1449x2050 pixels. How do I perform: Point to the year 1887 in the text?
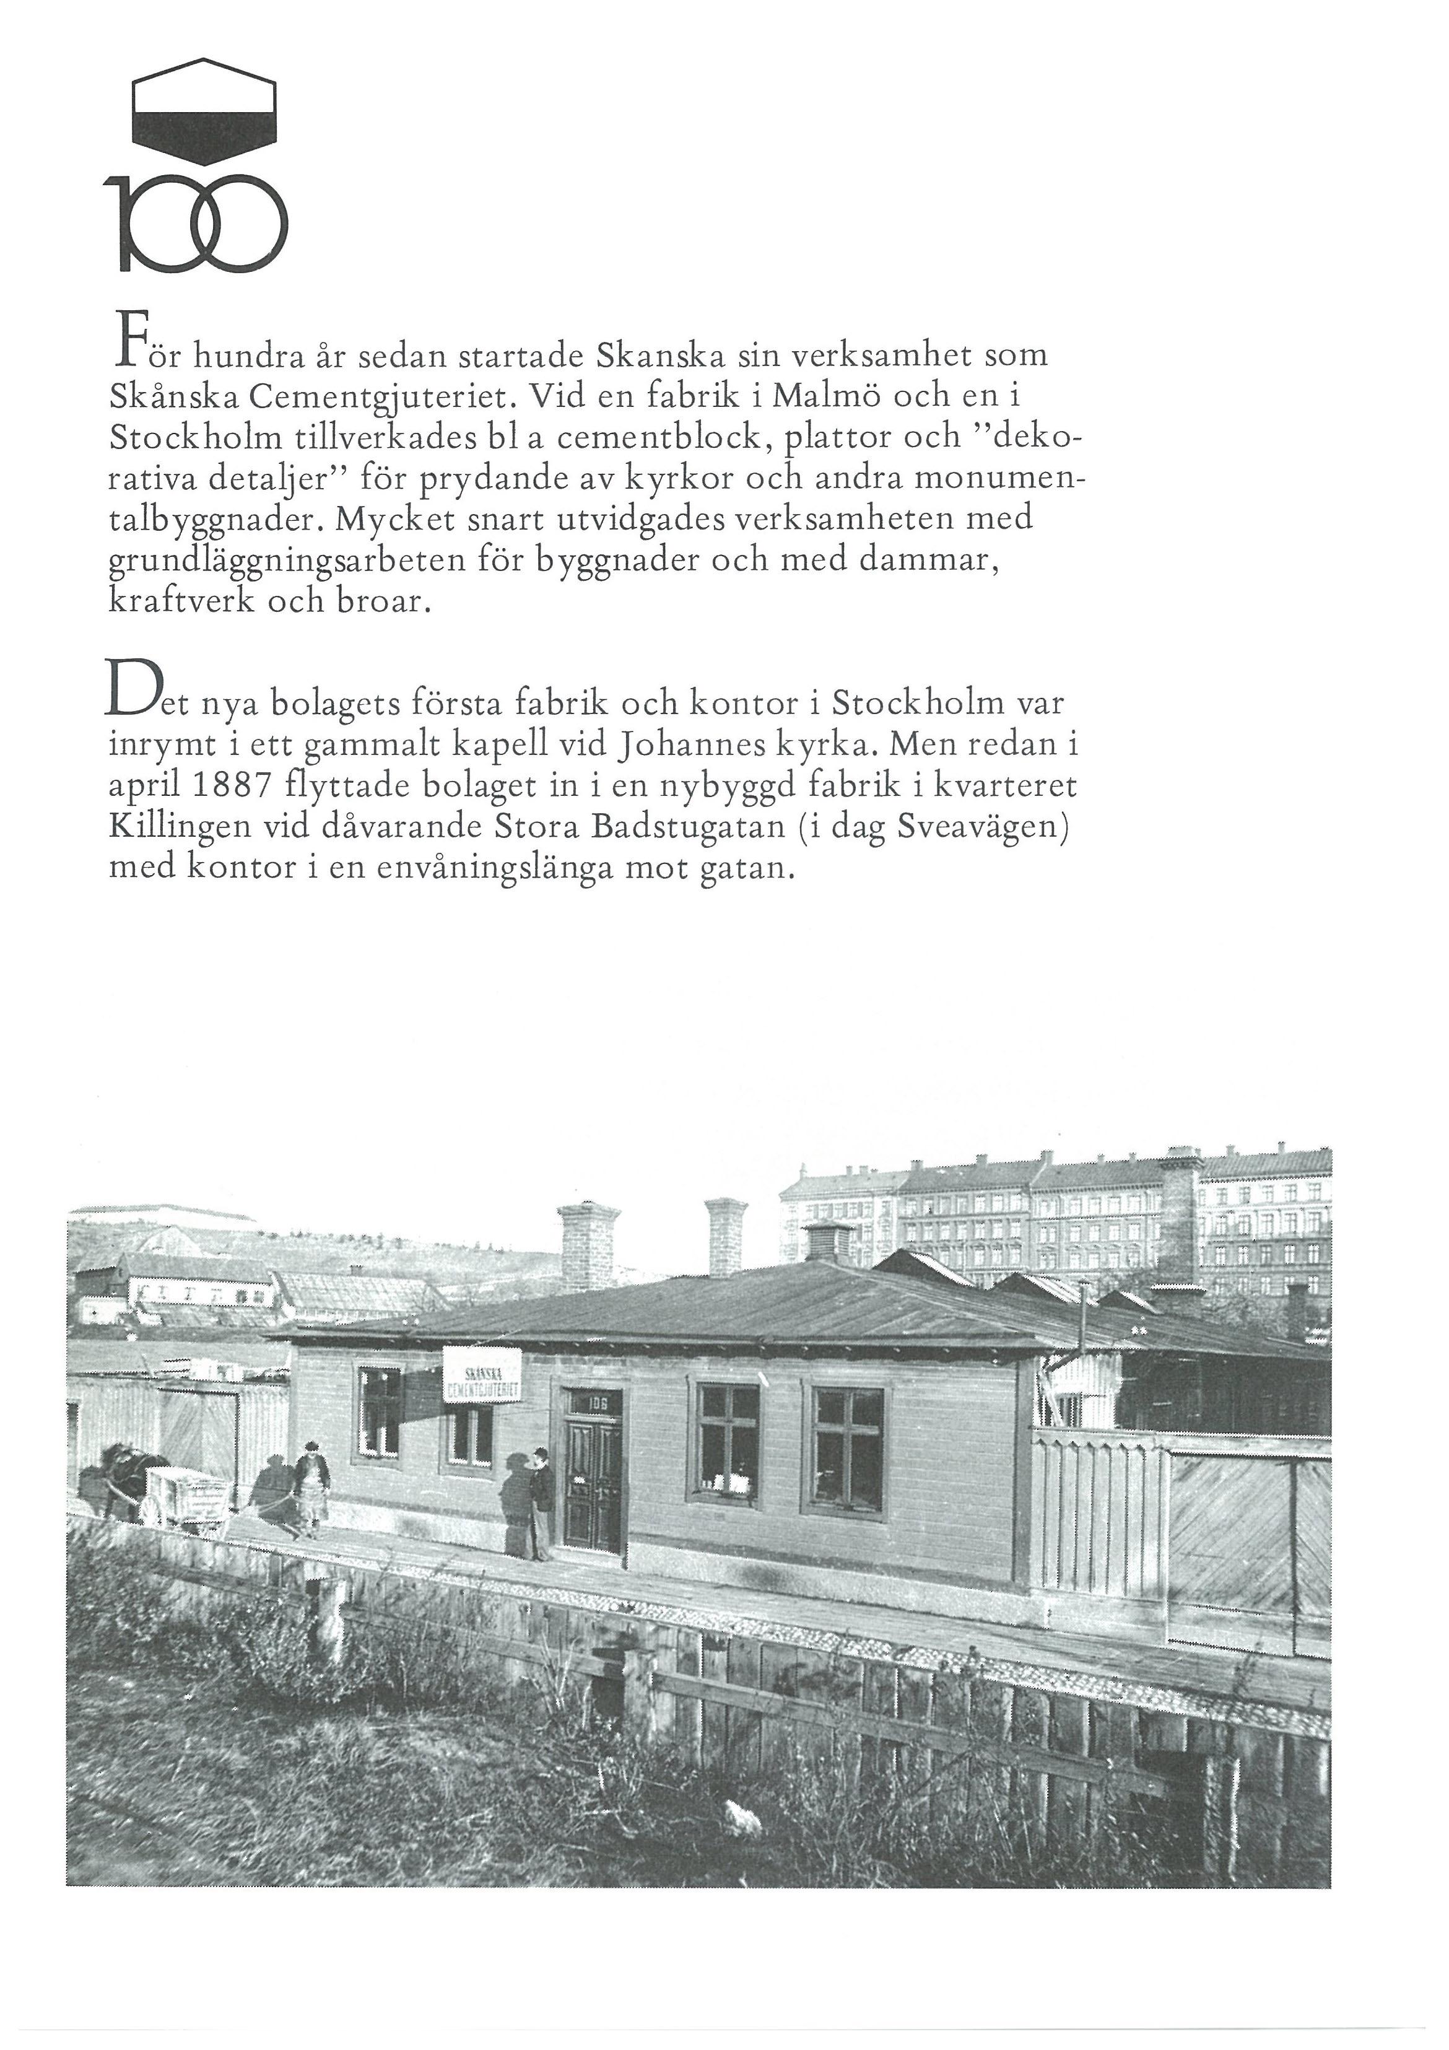(x=234, y=788)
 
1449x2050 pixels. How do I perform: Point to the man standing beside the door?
(x=539, y=1504)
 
